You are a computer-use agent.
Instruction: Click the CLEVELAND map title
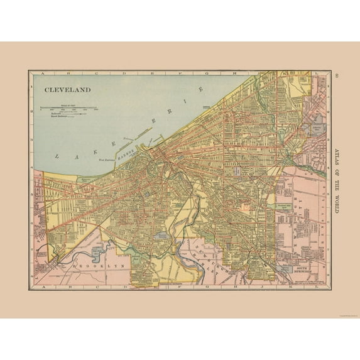tap(67, 89)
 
